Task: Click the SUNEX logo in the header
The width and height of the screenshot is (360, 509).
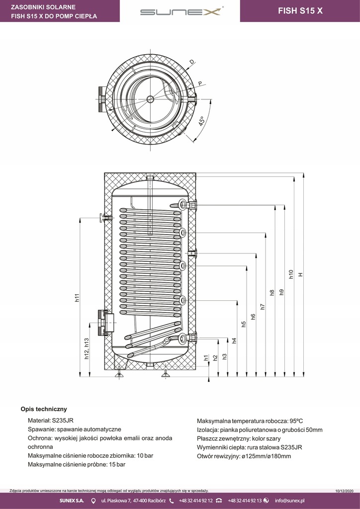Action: (x=180, y=11)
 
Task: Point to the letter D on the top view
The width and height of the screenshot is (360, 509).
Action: (x=192, y=62)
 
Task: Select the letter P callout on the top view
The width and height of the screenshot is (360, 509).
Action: (x=199, y=83)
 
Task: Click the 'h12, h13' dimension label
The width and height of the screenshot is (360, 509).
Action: (x=87, y=348)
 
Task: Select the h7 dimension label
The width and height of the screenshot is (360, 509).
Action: (x=263, y=307)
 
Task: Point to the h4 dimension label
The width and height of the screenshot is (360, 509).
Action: (x=234, y=340)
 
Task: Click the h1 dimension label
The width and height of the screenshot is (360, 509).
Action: (x=206, y=357)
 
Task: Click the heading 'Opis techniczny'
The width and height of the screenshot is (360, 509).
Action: (x=44, y=409)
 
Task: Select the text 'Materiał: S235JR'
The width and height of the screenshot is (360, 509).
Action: (x=51, y=421)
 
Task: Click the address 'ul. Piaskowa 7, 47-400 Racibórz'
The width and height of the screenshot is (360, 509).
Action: (x=133, y=501)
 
